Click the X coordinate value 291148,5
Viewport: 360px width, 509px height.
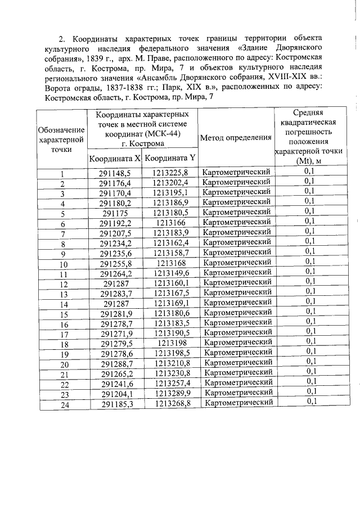point(115,172)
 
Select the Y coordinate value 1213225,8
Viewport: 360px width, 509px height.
point(170,172)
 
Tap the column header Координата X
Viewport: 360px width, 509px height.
point(115,158)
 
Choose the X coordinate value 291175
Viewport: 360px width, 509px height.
point(115,213)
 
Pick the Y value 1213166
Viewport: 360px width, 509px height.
point(170,223)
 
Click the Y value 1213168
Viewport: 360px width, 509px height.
point(170,264)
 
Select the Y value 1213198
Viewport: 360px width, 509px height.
point(171,344)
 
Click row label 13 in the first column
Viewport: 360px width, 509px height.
point(64,294)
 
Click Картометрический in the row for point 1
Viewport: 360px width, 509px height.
point(237,172)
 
